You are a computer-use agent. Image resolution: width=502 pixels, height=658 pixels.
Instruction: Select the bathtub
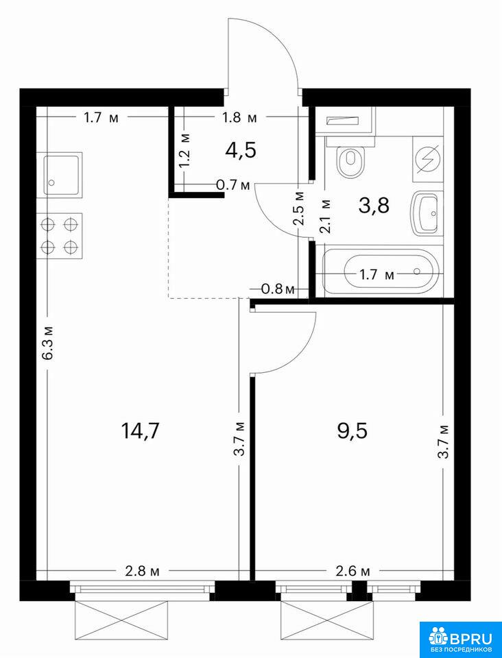381,271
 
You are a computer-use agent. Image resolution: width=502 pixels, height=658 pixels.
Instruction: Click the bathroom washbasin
427,212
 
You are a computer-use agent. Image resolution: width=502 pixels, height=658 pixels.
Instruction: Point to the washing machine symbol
428,160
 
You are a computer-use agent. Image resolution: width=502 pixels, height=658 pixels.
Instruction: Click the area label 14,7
140,430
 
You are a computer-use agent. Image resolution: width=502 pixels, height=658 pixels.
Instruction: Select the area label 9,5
352,430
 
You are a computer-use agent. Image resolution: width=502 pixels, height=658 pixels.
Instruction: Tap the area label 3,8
374,206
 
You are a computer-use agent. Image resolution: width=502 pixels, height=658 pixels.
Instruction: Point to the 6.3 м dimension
48,343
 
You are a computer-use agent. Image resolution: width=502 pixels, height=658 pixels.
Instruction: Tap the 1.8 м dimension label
239,118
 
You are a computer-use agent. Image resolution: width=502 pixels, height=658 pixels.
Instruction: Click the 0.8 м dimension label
277,289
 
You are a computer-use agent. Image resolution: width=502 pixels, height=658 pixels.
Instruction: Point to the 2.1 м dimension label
326,216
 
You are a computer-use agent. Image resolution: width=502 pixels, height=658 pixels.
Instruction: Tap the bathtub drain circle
417,271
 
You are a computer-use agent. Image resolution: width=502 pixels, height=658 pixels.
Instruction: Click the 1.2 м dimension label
186,150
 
